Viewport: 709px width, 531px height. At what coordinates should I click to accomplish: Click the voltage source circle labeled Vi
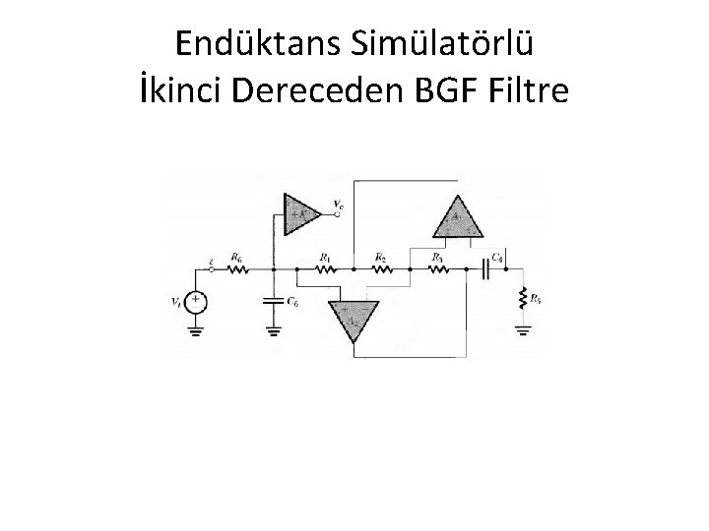[198, 302]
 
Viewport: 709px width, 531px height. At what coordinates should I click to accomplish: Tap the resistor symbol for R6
[236, 268]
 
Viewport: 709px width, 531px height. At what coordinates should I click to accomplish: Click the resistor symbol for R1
[323, 268]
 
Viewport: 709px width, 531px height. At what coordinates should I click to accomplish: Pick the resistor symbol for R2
[379, 268]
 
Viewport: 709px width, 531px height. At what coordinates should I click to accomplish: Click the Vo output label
[338, 206]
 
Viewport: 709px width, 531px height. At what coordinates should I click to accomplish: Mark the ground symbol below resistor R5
[522, 330]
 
